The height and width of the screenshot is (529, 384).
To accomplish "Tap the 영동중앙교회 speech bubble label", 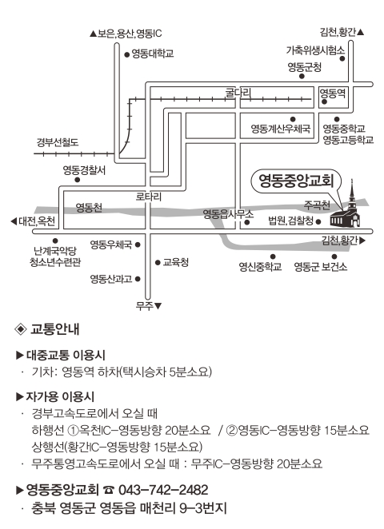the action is pyautogui.click(x=296, y=181).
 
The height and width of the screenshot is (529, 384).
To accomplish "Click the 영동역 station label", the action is pyautogui.click(x=333, y=93).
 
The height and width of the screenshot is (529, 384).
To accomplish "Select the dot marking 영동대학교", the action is pyautogui.click(x=127, y=54).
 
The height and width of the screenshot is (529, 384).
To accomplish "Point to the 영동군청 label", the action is pyautogui.click(x=304, y=67).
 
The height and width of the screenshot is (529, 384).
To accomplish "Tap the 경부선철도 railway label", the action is pyautogui.click(x=58, y=142).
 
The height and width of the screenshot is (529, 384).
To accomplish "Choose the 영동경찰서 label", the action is pyautogui.click(x=85, y=170).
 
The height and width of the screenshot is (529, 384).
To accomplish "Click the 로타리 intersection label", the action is pyautogui.click(x=149, y=197).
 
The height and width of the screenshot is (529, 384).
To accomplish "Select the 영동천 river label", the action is pyautogui.click(x=89, y=207).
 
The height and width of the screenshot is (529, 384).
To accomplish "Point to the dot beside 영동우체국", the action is pyautogui.click(x=138, y=245).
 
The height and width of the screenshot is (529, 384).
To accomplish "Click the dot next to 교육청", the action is pyautogui.click(x=158, y=262).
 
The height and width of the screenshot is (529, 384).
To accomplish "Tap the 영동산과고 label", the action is pyautogui.click(x=110, y=279).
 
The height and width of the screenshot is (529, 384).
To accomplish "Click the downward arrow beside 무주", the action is pyautogui.click(x=158, y=306).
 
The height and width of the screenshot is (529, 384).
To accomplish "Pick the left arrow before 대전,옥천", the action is pyautogui.click(x=14, y=221).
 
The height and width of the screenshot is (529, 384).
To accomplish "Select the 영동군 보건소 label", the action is pyautogui.click(x=321, y=267).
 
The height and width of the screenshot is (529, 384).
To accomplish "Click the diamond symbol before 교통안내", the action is pyautogui.click(x=21, y=329).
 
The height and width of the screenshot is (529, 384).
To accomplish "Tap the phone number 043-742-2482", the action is pyautogui.click(x=163, y=490).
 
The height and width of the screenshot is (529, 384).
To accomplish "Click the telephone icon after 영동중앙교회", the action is pyautogui.click(x=108, y=490).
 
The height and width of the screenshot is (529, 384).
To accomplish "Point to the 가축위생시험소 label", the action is pyautogui.click(x=315, y=50).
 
